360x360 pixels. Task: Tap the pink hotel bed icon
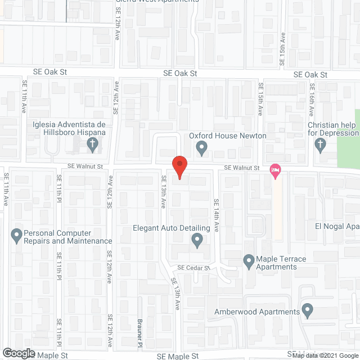[x=275, y=170]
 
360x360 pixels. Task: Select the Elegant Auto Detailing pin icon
[x=197, y=241]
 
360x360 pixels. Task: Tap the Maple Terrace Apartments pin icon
[x=249, y=260]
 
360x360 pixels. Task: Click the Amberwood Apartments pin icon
[x=307, y=310]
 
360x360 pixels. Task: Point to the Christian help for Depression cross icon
[x=320, y=146]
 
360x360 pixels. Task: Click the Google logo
[x=17, y=353]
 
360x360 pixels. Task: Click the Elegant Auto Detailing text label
[x=171, y=228]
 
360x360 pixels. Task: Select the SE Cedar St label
[x=193, y=268]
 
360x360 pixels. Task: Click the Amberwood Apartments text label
[x=256, y=312]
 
